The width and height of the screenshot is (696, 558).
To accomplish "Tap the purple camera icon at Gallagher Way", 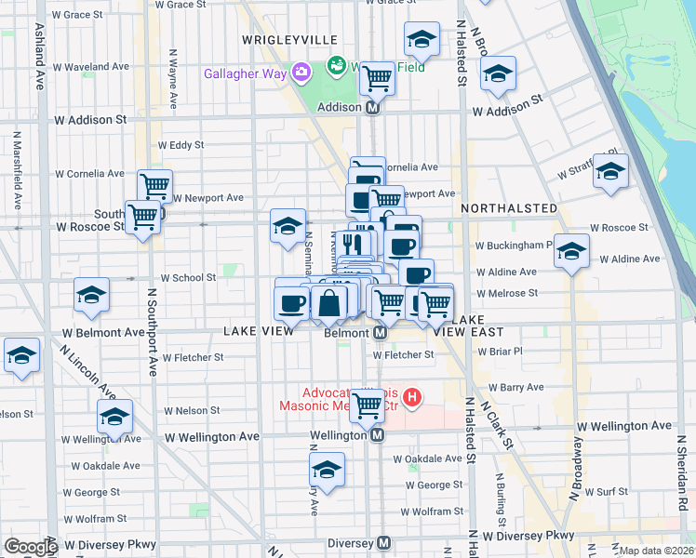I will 301,72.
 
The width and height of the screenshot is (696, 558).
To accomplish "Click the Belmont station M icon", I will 381,332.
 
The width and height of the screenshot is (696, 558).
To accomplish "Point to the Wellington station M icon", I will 377,434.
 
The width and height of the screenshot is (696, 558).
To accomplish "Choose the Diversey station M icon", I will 383,543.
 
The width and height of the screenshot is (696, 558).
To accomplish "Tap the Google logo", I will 30,547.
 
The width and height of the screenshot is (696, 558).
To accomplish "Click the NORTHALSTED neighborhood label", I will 509,208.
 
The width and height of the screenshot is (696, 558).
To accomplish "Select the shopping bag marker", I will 329,302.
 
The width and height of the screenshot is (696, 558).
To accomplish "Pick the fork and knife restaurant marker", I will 351,245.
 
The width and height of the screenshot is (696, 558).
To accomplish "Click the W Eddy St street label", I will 181,145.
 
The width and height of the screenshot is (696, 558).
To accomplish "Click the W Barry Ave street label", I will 509,387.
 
